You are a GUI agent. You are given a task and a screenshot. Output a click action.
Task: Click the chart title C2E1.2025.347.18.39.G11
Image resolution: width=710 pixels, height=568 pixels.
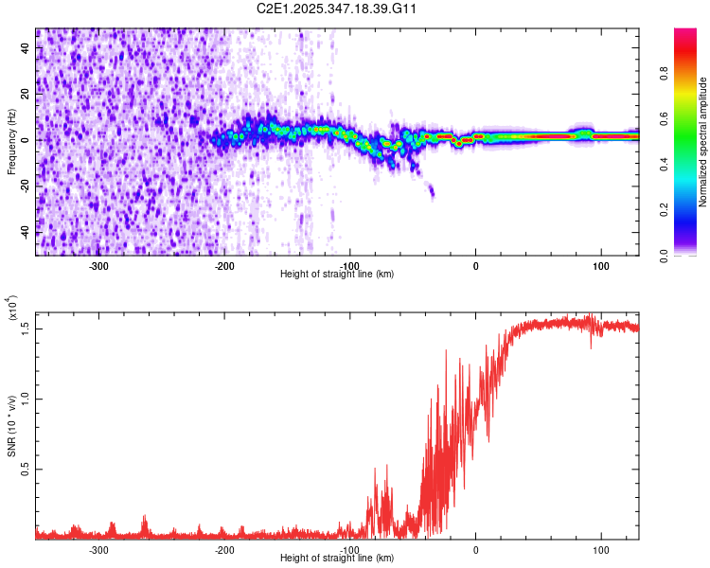[337, 9]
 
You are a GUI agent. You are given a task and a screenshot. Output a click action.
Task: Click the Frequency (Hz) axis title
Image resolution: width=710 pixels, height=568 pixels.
[11, 142]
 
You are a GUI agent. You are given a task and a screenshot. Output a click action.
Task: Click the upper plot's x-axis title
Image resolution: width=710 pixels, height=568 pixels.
[337, 274]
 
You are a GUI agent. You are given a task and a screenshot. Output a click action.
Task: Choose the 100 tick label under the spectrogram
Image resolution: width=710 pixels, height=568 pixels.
[600, 266]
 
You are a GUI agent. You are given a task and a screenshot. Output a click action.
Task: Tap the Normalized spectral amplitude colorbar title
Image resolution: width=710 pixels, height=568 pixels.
[703, 142]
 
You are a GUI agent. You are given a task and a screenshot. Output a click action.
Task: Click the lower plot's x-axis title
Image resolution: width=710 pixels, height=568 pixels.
[337, 558]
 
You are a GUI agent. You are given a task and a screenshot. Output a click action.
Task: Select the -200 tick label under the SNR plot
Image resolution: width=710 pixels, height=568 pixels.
[224, 550]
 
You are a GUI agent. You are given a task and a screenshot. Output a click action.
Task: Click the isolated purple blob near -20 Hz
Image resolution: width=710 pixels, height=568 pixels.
[431, 192]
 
